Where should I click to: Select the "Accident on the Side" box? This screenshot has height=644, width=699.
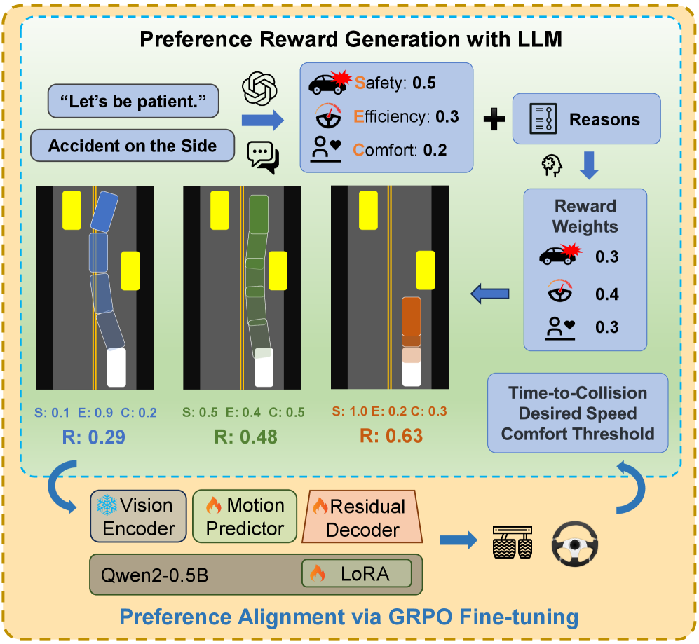coord(133,146)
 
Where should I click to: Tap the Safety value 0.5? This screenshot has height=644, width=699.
coord(423,83)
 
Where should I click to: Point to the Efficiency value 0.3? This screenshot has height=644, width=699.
coord(447,116)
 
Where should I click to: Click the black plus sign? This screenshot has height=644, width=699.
coord(494,120)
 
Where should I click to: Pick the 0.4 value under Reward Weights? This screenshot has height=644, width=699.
coord(606,294)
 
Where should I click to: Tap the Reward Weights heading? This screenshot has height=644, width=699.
coord(585,217)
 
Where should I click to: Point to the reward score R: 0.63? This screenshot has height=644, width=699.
coord(391,437)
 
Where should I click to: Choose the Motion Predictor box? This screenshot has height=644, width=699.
coord(245,516)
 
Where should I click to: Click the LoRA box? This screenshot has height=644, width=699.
coord(356,573)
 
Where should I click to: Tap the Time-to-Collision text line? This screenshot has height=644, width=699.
coord(578,393)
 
